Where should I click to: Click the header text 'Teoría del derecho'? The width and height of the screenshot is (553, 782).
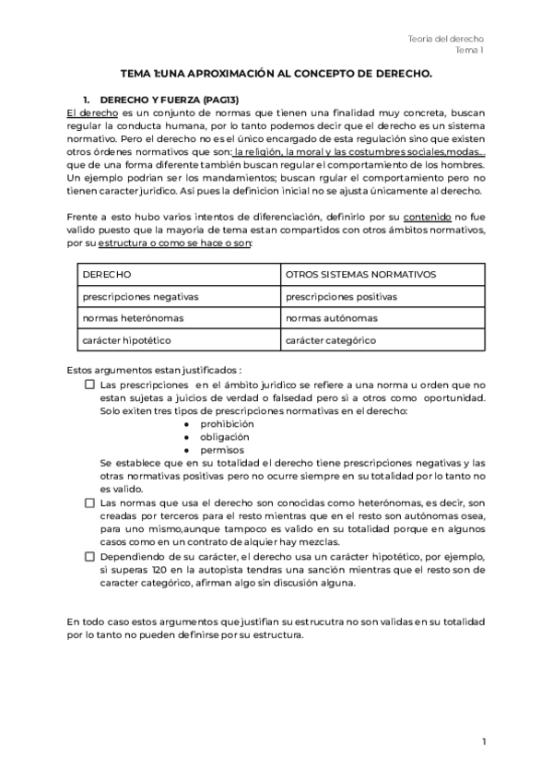446,38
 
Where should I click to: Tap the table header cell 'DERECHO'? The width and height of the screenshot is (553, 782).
107,275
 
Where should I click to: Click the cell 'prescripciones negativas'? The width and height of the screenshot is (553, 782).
140,296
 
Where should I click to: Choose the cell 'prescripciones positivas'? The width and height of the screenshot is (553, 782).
341,296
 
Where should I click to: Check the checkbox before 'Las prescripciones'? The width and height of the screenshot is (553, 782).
89,385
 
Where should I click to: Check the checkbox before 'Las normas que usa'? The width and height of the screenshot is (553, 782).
89,504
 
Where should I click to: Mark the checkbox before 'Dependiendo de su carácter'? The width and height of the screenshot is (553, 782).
89,557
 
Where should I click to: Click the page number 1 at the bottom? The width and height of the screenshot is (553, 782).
483,741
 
